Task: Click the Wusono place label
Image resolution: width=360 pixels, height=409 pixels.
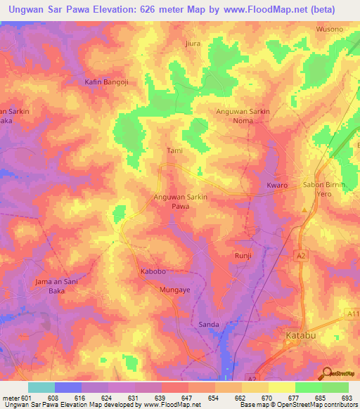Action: click(330, 29)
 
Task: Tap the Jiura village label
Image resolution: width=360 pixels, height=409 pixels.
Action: click(193, 43)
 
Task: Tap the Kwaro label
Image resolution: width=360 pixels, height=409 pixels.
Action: click(277, 185)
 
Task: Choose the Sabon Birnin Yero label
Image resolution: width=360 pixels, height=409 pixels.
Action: click(333, 189)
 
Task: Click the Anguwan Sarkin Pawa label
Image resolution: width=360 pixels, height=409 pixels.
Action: click(180, 202)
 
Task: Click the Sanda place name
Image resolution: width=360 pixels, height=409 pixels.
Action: click(210, 324)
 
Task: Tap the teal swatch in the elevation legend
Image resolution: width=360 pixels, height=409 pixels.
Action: click(41, 387)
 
